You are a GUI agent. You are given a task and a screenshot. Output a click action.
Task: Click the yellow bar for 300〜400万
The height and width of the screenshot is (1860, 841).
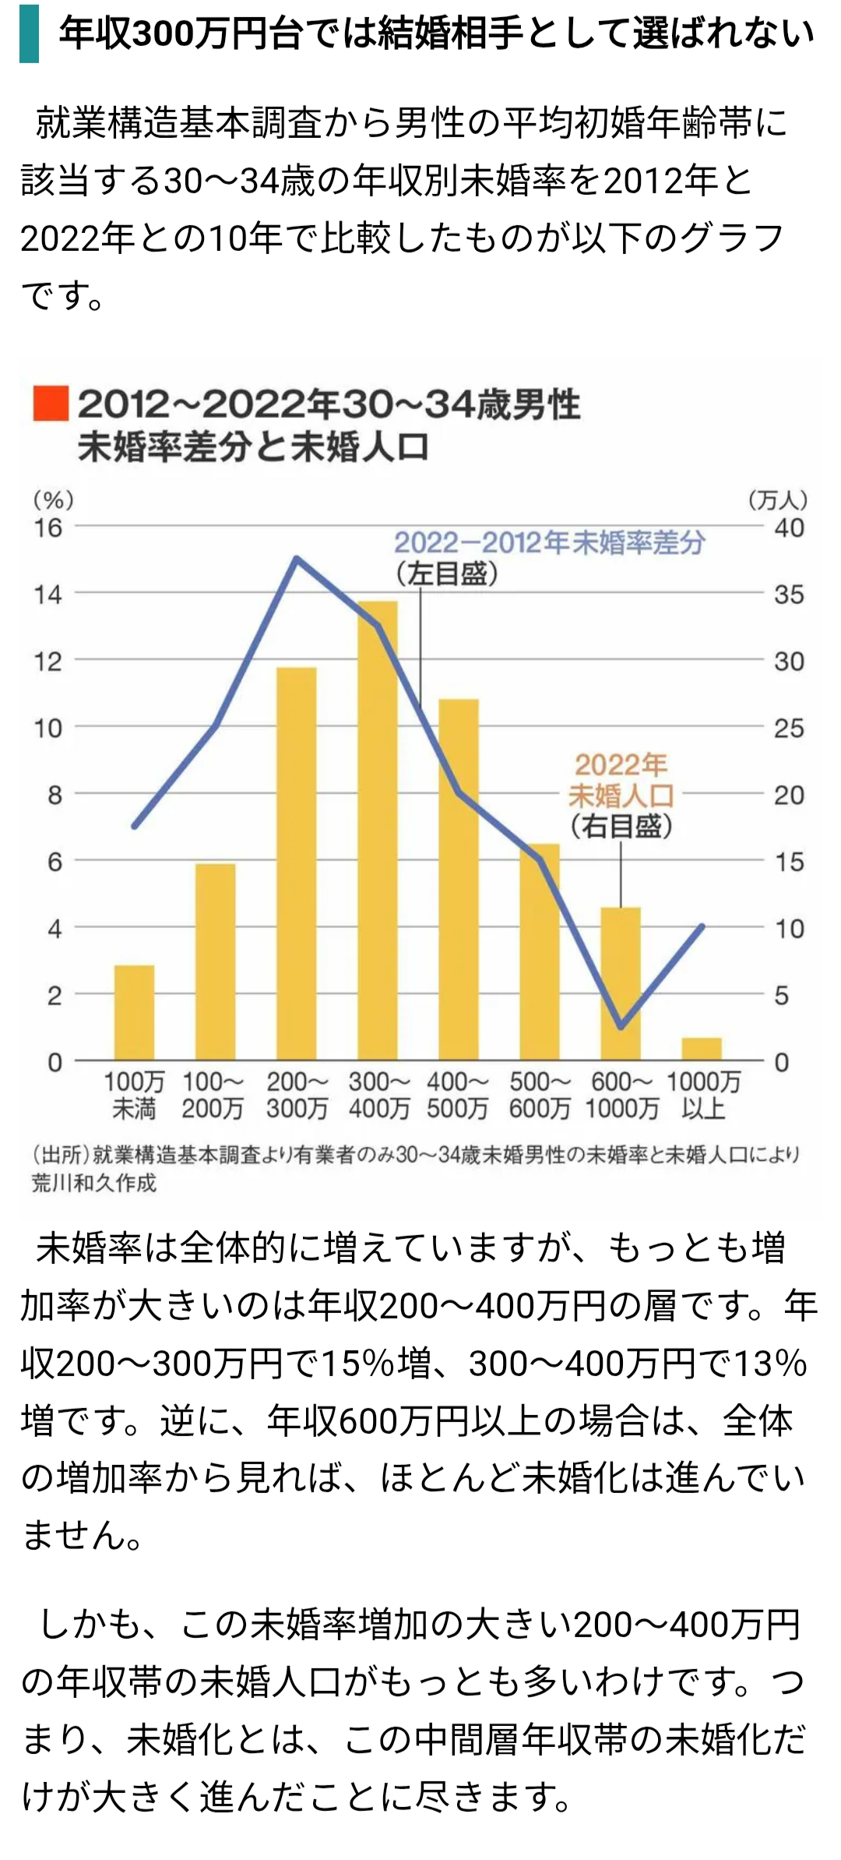[x=378, y=830]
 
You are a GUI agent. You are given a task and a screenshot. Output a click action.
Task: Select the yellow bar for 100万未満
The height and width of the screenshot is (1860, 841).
[x=134, y=1013]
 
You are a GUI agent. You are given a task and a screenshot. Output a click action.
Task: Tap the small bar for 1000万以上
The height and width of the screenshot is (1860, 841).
[x=702, y=1049]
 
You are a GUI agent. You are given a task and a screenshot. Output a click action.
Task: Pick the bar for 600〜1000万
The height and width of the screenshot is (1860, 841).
[x=621, y=983]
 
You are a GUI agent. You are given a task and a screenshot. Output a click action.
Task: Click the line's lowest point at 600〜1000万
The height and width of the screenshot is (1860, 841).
[x=621, y=1027]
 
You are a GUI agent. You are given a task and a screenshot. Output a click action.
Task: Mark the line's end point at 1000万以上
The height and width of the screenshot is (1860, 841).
[x=702, y=926]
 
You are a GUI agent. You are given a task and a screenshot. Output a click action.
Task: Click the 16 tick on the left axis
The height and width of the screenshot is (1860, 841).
[x=48, y=528]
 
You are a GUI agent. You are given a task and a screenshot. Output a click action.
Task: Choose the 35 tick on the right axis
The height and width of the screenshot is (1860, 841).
[x=789, y=595]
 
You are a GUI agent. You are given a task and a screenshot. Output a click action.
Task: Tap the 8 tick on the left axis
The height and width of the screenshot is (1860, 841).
[x=54, y=796]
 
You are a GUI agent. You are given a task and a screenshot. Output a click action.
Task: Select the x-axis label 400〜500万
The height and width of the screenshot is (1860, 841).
[x=458, y=1095]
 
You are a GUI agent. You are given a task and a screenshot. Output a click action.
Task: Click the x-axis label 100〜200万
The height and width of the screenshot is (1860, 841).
[x=213, y=1095]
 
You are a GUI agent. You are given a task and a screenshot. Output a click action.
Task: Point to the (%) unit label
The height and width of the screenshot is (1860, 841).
[x=53, y=499]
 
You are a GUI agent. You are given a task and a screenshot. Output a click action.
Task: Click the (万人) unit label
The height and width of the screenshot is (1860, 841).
[x=778, y=499]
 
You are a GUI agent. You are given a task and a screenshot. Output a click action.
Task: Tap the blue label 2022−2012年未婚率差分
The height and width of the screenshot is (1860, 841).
[x=549, y=542]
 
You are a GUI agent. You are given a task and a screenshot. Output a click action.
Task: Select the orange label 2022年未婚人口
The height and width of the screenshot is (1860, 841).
[x=621, y=780]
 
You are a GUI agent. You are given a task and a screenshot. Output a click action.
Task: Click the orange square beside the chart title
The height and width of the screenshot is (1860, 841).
[x=51, y=404]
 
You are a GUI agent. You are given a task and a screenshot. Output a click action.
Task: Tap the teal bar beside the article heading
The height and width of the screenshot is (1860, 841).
[x=29, y=34]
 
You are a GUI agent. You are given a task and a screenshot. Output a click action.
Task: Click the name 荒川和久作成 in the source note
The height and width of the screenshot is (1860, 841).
[x=94, y=1183]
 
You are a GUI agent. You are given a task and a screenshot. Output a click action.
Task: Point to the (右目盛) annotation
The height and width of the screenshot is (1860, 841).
[x=621, y=826]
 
